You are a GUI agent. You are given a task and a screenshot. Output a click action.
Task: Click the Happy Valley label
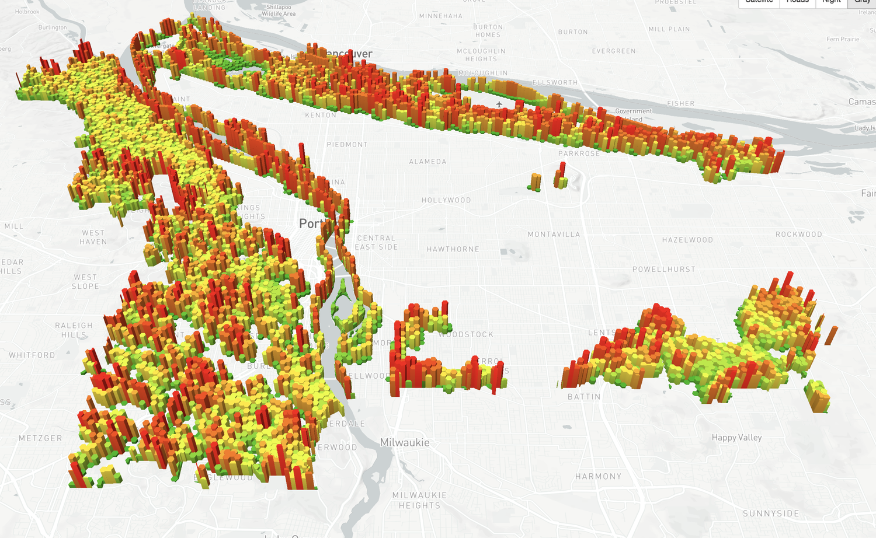click(736, 438)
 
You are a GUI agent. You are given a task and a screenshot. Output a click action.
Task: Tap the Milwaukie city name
click(405, 443)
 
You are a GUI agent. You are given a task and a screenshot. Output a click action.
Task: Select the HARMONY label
click(598, 477)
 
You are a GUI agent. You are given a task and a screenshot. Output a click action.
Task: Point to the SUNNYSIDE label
click(771, 513)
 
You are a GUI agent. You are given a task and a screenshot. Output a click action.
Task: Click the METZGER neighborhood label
click(40, 438)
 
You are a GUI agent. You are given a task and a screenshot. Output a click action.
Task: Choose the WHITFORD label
click(32, 355)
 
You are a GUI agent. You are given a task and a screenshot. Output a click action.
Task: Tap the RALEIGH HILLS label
click(74, 330)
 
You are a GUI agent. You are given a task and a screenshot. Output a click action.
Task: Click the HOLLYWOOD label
click(446, 200)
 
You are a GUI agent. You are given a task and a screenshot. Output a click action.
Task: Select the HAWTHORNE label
click(453, 249)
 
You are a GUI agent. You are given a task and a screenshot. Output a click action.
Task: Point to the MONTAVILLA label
click(554, 235)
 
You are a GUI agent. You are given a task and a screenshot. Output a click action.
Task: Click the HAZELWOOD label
click(687, 240)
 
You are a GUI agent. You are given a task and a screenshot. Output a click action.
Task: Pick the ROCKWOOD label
click(798, 235)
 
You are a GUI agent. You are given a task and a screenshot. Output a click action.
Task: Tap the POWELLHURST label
click(664, 270)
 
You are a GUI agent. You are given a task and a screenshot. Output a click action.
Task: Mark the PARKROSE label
click(579, 153)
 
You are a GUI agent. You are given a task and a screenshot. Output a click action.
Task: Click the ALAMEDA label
click(427, 162)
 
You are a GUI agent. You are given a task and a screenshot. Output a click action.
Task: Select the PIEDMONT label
click(347, 145)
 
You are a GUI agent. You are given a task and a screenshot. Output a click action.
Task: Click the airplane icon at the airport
click(499, 104)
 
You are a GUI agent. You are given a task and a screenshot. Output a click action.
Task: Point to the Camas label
click(861, 102)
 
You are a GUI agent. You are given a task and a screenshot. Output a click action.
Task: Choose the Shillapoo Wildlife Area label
click(279, 11)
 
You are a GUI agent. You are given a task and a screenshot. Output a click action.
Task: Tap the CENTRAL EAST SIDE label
click(376, 243)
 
